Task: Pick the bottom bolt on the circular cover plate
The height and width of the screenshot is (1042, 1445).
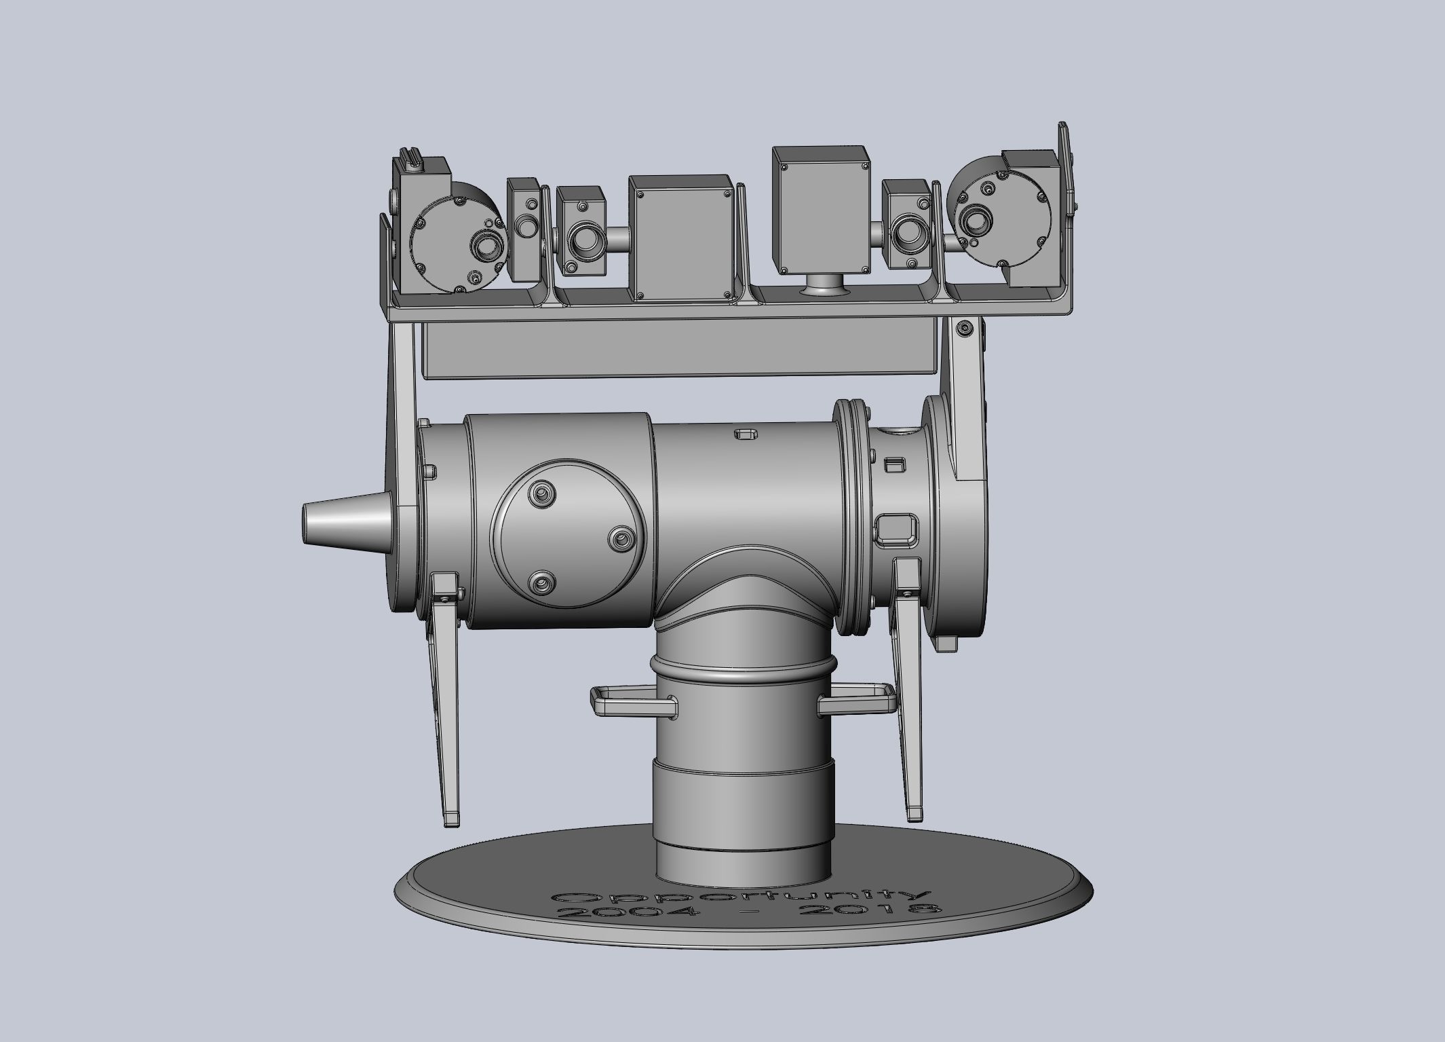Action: coord(541,583)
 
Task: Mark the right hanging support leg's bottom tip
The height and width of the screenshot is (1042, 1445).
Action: coord(915,813)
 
